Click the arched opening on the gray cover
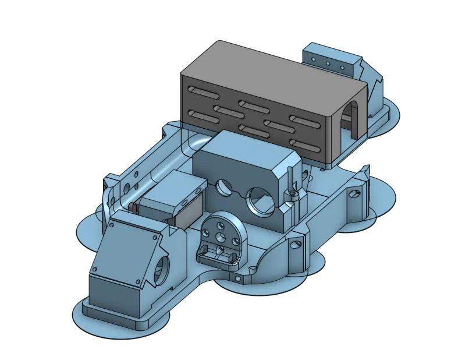352,116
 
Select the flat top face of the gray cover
274,69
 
